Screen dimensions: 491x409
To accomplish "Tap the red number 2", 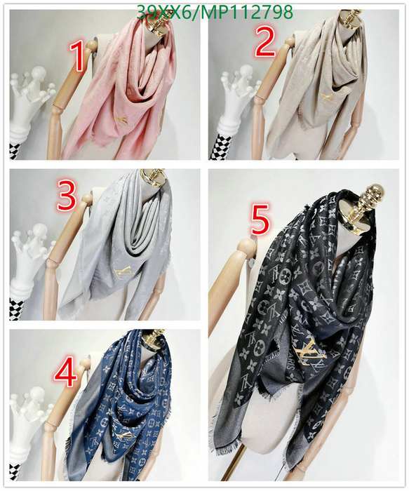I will pyautogui.click(x=265, y=41).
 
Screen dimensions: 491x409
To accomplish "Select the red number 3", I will pyautogui.click(x=67, y=196).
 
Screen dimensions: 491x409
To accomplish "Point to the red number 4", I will pyautogui.click(x=65, y=372).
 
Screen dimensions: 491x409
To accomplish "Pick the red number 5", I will pyautogui.click(x=260, y=222).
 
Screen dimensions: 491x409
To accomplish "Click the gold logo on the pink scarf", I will pyautogui.click(x=121, y=119).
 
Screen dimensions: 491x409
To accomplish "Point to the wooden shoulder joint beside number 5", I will pyautogui.click(x=246, y=247).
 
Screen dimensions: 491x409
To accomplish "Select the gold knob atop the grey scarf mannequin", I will pyautogui.click(x=154, y=176).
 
